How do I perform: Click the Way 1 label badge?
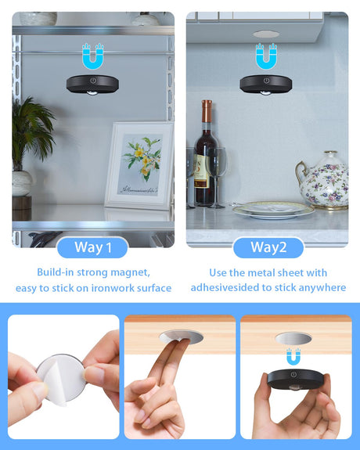pyautogui.click(x=92, y=247)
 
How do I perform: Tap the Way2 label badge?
pyautogui.click(x=268, y=247)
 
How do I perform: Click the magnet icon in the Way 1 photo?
pyautogui.click(x=92, y=56)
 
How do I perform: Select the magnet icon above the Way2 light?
pyautogui.click(x=266, y=56)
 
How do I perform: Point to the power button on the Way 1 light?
pyautogui.click(x=93, y=81)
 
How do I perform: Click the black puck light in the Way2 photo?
pyautogui.click(x=266, y=84)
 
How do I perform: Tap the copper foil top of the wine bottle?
pyautogui.click(x=207, y=111)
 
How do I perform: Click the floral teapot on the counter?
pyautogui.click(x=322, y=180)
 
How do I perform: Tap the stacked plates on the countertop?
pyautogui.click(x=273, y=210)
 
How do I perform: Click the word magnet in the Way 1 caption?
pyautogui.click(x=130, y=272)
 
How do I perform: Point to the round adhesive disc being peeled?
pyautogui.click(x=61, y=379)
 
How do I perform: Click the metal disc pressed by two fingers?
pyautogui.click(x=181, y=337)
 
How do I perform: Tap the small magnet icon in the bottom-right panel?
pyautogui.click(x=293, y=356)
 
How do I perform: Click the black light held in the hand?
pyautogui.click(x=296, y=380)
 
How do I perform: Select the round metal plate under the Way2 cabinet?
pyautogui.click(x=266, y=34)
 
